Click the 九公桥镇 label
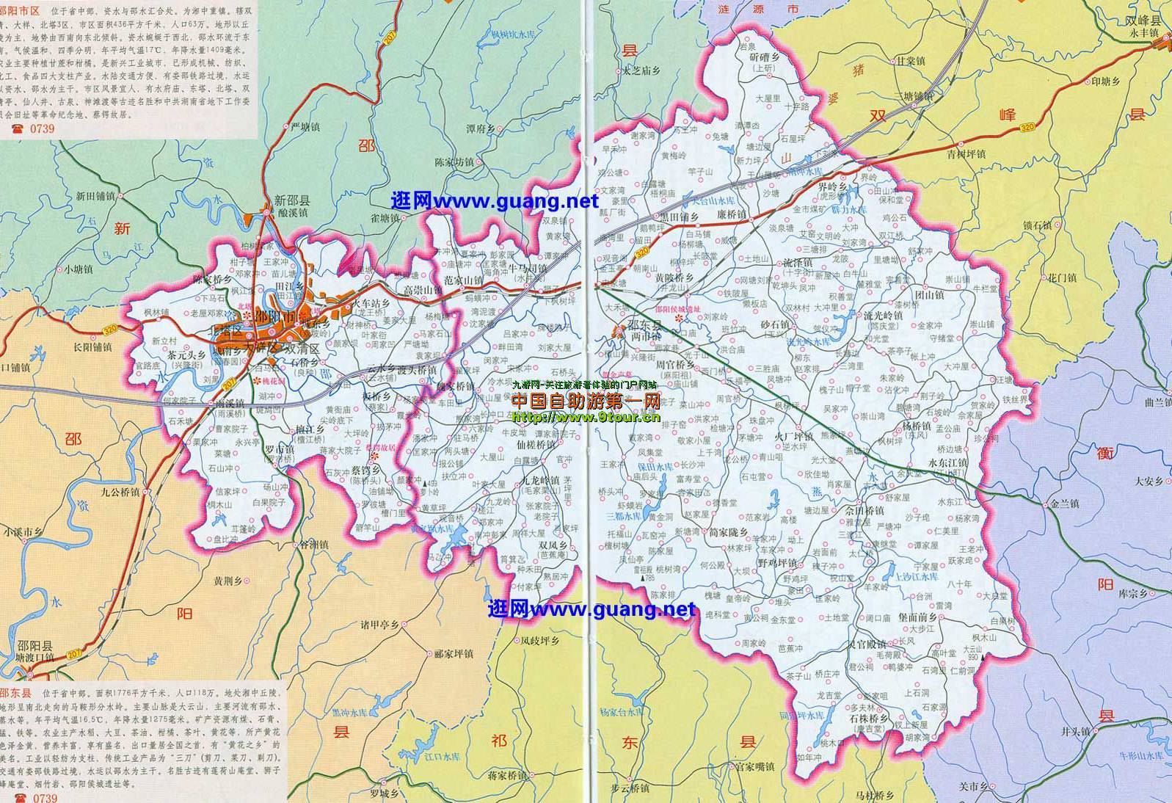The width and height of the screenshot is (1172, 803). (121, 493)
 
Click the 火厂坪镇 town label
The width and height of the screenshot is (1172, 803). (793, 436)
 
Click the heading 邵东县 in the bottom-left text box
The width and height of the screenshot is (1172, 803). (15, 692)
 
